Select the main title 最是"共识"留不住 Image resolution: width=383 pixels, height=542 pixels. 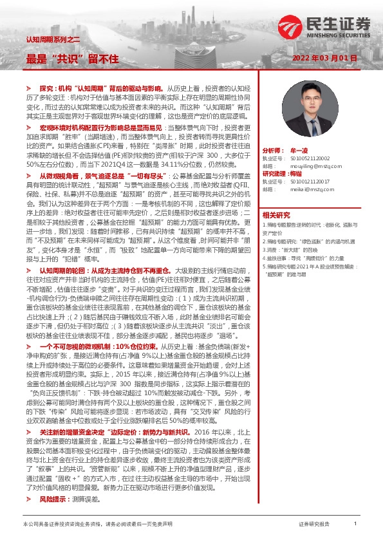pos(72,59)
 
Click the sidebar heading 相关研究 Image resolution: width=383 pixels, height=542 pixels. pos(276,214)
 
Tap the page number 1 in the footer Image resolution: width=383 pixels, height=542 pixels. pos(355,525)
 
